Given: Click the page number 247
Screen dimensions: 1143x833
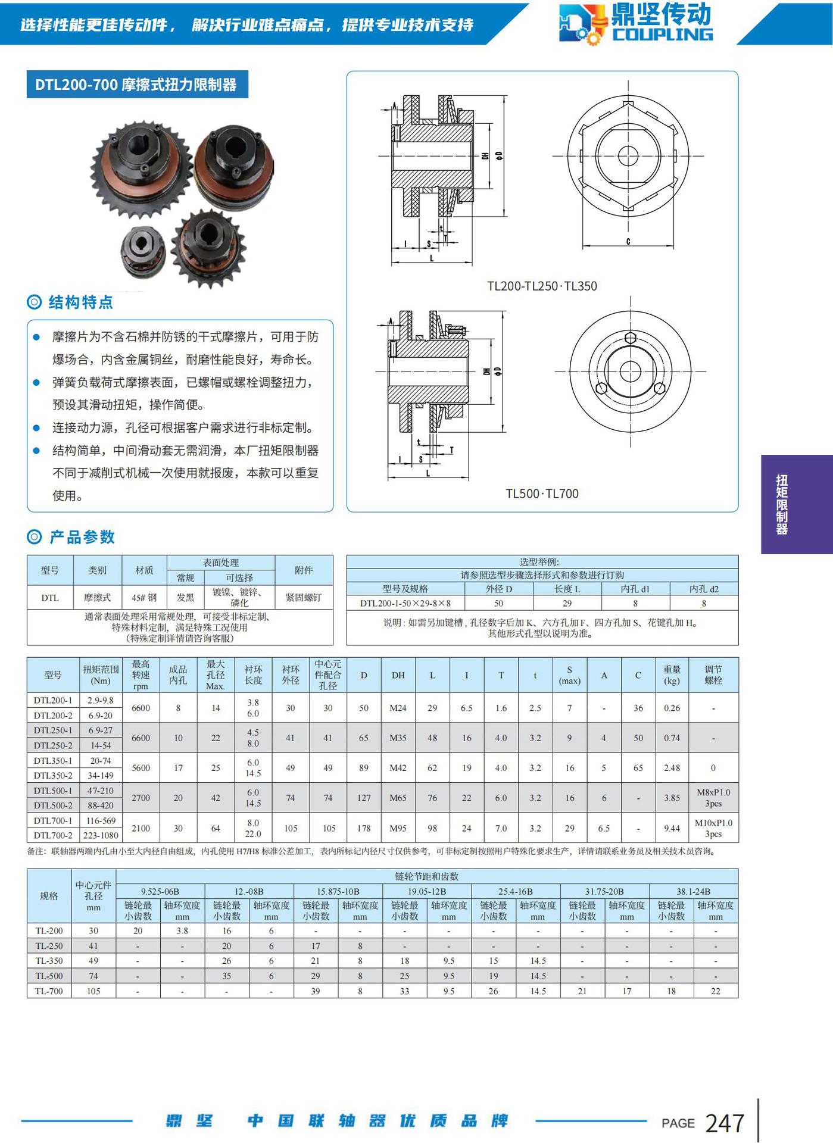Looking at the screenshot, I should [x=724, y=1123].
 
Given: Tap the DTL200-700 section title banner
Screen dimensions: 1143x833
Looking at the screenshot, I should [x=137, y=85].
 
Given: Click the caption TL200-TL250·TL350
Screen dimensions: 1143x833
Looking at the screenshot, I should [x=541, y=286].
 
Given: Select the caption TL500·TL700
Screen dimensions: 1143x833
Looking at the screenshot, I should [x=542, y=494].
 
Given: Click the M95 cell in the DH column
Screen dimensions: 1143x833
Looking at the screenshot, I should [x=398, y=828].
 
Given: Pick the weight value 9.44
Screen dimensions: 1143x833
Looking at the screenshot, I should [x=672, y=828].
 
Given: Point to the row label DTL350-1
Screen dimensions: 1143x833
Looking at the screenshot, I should [x=53, y=761].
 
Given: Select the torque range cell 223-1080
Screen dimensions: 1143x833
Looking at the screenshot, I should [x=101, y=835].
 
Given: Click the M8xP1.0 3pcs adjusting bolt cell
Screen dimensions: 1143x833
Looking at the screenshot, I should [x=713, y=798].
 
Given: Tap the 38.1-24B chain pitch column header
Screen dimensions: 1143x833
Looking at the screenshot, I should [x=693, y=891].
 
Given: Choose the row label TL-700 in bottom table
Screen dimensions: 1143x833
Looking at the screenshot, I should [x=49, y=991].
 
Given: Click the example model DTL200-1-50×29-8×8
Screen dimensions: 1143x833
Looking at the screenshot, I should [x=405, y=603].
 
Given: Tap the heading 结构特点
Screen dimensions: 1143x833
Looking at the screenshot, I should [x=80, y=302].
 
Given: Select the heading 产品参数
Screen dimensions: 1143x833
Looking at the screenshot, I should [x=82, y=537].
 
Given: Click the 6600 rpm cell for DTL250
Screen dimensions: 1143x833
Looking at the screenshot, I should [x=141, y=738].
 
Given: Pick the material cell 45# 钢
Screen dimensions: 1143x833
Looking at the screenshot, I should [x=144, y=598].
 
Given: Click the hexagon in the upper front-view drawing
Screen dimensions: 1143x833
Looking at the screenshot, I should [x=628, y=155].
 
